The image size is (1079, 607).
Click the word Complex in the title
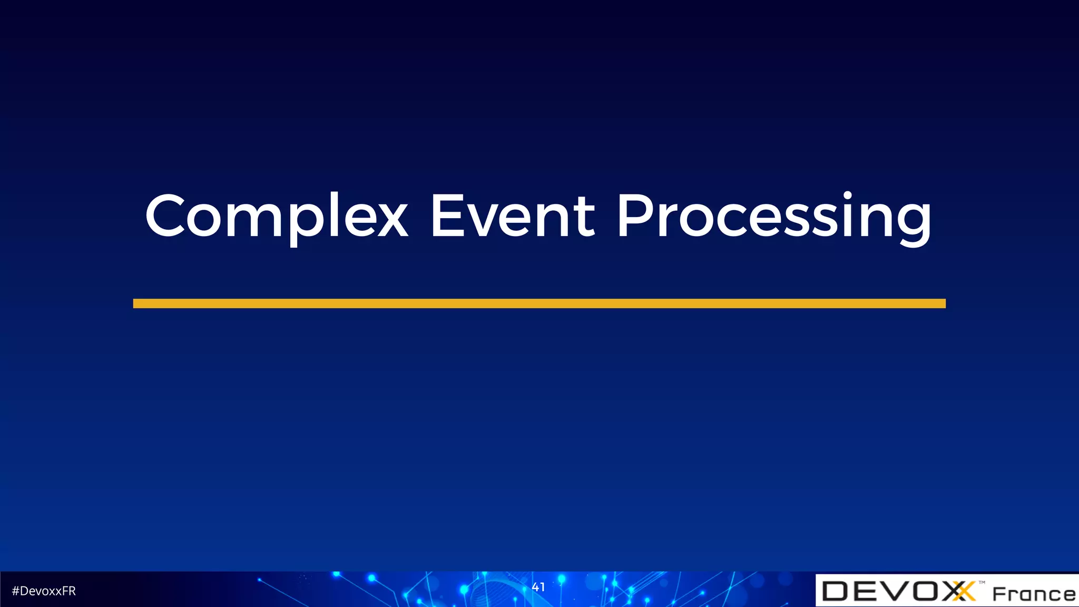(277, 216)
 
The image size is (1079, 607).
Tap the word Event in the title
(512, 216)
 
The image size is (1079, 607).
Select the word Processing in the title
(774, 216)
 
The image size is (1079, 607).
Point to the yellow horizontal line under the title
(539, 303)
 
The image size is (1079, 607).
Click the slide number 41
(538, 587)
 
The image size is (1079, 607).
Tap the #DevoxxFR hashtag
(44, 591)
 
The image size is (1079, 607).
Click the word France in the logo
(1034, 594)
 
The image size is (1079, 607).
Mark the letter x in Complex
(391, 221)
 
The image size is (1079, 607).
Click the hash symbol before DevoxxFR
(15, 591)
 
